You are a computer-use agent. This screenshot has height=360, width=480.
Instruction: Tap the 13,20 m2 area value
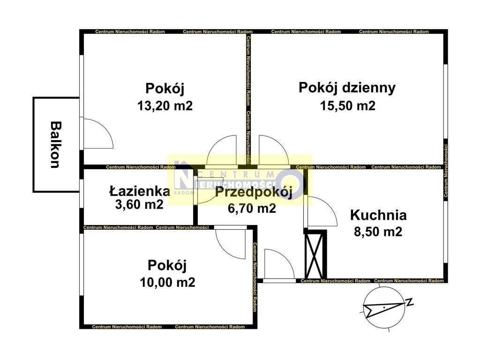point(165,106)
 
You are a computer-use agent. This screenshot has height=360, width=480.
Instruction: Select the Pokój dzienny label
point(347,88)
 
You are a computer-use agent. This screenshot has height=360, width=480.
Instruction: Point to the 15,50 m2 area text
point(348,106)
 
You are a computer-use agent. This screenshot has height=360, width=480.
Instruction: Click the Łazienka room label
point(139,191)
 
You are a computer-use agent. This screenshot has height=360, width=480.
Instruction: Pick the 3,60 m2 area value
point(139,204)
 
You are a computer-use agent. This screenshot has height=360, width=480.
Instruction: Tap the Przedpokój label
point(253,193)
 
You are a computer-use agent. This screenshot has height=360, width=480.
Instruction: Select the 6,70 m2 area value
point(252,209)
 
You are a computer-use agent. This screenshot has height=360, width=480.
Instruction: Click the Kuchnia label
point(378,215)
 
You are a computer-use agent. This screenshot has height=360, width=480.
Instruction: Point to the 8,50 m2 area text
point(378,232)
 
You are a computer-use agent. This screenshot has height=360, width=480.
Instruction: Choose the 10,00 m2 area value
point(167,282)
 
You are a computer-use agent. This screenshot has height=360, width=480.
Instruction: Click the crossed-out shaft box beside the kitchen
point(315,255)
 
